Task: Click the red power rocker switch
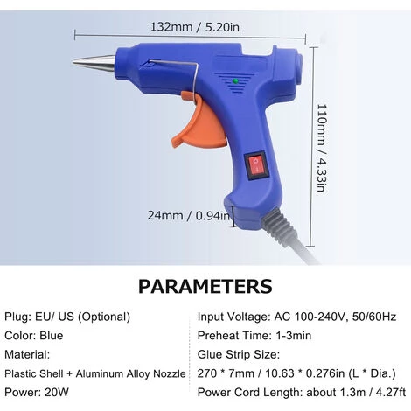pyautogui.click(x=256, y=165)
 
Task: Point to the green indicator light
pyautogui.click(x=235, y=81)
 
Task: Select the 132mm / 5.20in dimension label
pyautogui.click(x=195, y=27)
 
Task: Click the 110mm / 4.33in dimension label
pyautogui.click(x=321, y=148)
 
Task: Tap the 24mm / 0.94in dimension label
pyautogui.click(x=189, y=216)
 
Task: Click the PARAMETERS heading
pyautogui.click(x=205, y=286)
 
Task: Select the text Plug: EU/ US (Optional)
pyautogui.click(x=67, y=317)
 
